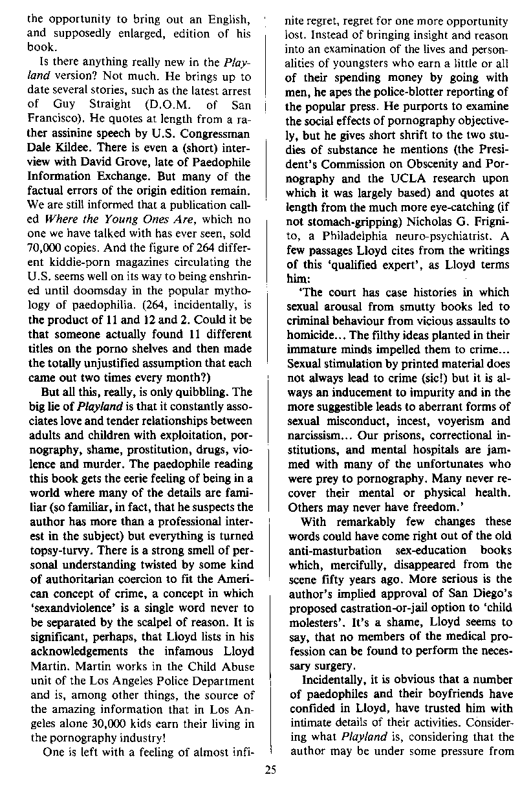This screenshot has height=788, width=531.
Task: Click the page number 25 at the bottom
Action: click(271, 769)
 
